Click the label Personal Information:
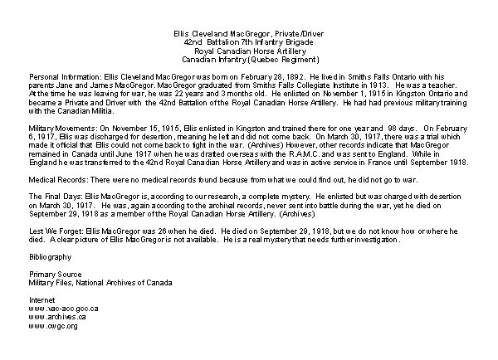pos(54,75)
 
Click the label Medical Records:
pos(47,182)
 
